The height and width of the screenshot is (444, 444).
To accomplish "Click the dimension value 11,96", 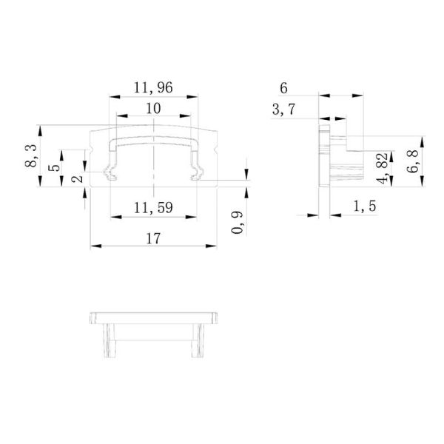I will [x=154, y=87].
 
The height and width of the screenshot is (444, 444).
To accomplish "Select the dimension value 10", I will [x=153, y=109].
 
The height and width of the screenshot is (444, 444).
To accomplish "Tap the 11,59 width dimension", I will [x=153, y=208].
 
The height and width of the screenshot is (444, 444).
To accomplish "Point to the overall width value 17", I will [x=153, y=238].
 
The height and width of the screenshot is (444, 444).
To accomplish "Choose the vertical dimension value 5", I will [x=53, y=168].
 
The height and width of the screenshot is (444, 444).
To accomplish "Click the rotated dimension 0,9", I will [x=237, y=222].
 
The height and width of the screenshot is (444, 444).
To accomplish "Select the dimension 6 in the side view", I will [x=285, y=87].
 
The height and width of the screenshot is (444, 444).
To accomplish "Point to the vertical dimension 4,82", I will [x=381, y=168].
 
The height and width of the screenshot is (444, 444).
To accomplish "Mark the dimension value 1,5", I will [x=362, y=207].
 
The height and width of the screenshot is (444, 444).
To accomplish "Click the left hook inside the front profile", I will [x=110, y=175].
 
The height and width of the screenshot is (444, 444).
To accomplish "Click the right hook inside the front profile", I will [x=197, y=175].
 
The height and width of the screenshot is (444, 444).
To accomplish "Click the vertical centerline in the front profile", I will [x=154, y=159].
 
